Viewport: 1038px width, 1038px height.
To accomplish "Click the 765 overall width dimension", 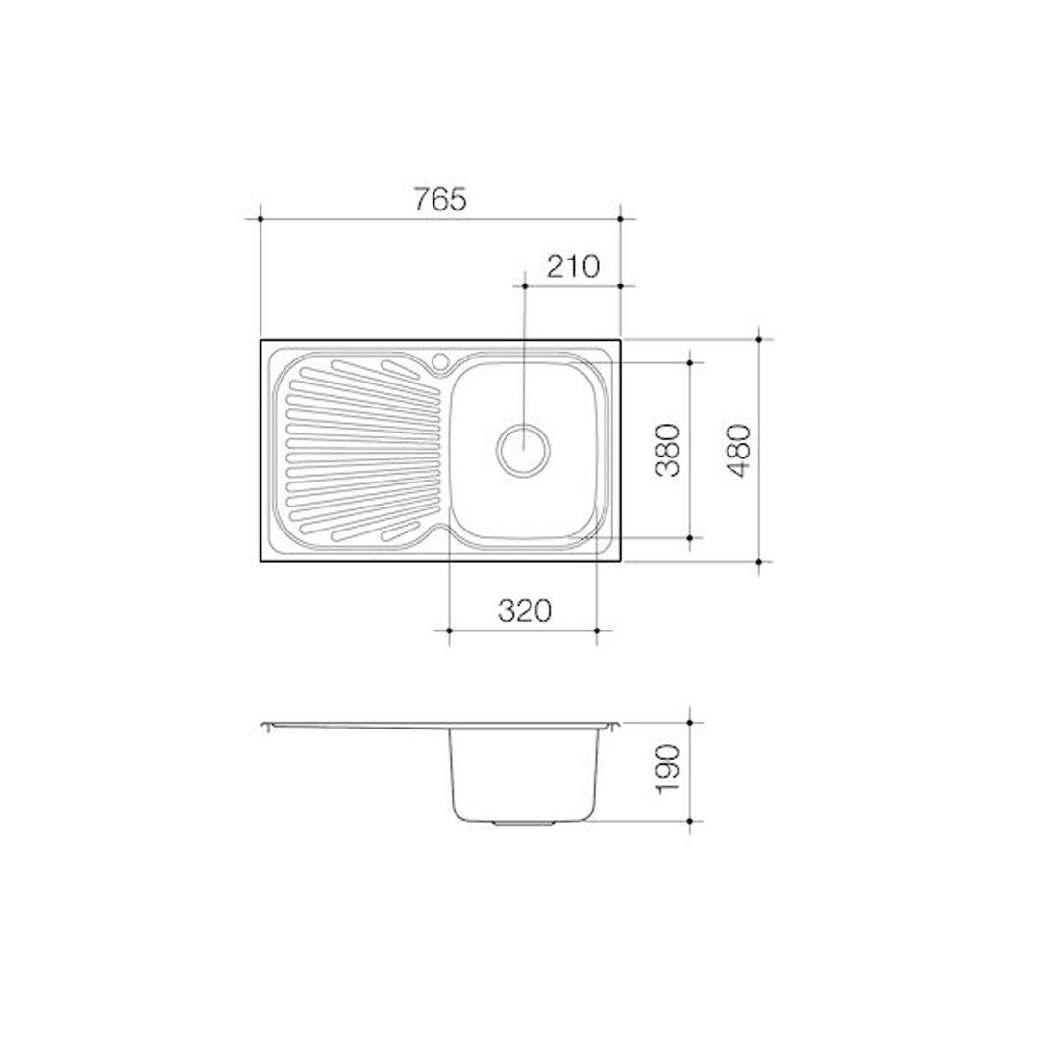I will click(439, 199).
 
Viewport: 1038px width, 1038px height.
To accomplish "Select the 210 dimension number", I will click(572, 265).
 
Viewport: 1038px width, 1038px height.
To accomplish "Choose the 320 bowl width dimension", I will click(524, 610).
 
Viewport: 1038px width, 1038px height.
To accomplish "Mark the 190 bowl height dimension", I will click(669, 769).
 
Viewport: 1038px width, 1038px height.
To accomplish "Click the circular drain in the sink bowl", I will click(524, 449).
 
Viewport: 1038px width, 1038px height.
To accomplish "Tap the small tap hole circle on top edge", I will click(441, 361).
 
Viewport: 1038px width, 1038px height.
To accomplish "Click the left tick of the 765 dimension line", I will click(260, 219).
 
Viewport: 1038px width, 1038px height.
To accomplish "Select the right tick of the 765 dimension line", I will click(620, 219).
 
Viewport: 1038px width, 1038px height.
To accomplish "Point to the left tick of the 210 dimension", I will click(524, 285).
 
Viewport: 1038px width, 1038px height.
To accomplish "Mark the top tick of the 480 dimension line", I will click(759, 339).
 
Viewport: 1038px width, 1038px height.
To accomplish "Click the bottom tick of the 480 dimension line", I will click(759, 561).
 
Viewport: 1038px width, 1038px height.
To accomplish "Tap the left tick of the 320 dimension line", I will click(450, 630).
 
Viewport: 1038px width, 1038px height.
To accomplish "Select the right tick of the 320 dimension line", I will click(597, 630).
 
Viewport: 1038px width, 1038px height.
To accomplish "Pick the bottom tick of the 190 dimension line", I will click(691, 822).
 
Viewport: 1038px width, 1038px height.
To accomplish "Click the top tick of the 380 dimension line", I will click(691, 362).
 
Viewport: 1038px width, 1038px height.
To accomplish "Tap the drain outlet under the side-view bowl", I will click(524, 824).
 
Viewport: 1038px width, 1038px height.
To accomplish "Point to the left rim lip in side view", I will click(266, 727).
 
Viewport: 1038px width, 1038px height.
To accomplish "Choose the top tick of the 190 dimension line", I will click(691, 722).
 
